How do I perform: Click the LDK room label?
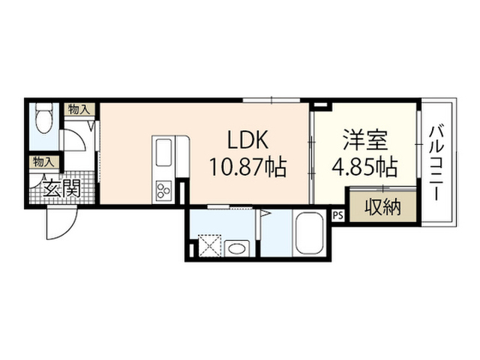[247, 140]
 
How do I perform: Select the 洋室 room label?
[365, 140]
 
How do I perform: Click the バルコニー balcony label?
[436, 163]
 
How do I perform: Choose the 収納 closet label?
[382, 208]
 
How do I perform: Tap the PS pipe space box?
[338, 215]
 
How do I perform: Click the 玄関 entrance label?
[61, 188]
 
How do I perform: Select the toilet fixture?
[44, 117]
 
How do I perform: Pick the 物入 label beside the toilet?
[79, 109]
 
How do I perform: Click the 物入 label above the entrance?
[44, 162]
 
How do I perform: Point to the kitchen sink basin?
[163, 152]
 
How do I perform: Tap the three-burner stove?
[163, 190]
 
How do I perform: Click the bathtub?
[309, 233]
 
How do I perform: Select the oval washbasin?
[237, 248]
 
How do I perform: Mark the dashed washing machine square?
[209, 245]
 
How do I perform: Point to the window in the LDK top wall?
[271, 100]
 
